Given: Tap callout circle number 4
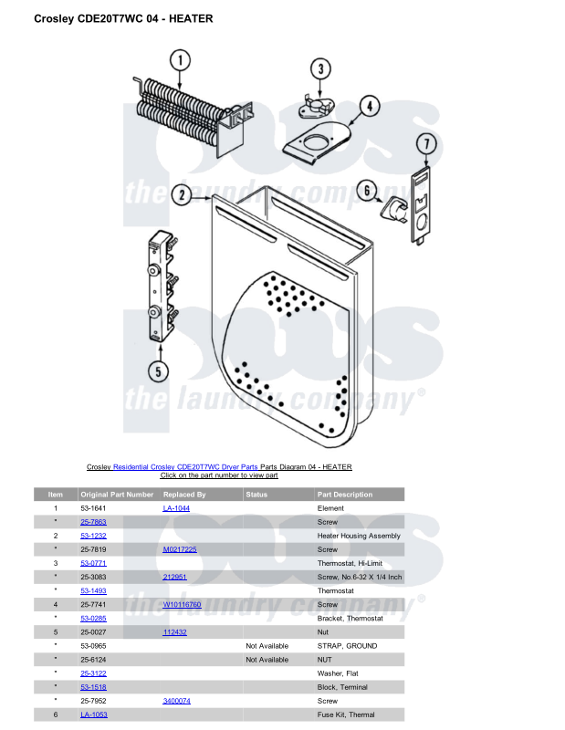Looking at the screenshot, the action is (368, 106).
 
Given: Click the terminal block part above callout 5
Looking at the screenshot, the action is (160, 286).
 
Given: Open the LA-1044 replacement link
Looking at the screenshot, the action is (176, 508).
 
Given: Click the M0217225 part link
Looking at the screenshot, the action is (180, 550).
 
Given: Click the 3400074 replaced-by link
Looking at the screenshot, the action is (176, 701).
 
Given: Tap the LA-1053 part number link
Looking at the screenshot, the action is (93, 714).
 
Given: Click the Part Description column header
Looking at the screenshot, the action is (345, 495).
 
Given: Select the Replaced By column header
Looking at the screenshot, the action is (184, 495).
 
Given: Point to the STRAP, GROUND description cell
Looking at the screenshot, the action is (347, 646).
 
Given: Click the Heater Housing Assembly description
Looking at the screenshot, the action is (359, 536).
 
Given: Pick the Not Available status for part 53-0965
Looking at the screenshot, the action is (267, 646).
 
